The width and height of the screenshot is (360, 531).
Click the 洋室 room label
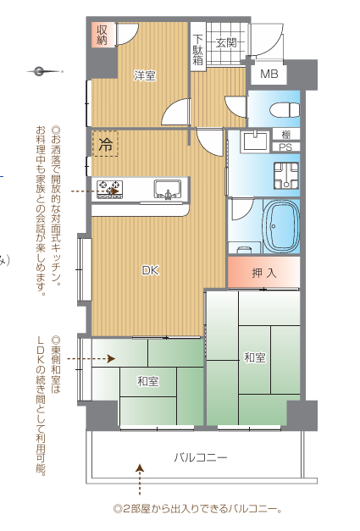pos(145,75)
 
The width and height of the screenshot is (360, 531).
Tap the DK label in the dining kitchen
pos(151,270)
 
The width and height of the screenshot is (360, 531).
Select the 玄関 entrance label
pos(226,43)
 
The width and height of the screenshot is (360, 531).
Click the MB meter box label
pos(269,74)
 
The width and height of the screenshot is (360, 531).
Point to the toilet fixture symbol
pos(285,110)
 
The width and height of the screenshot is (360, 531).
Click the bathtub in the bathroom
pos(281,226)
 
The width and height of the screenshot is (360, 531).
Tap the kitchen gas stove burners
pos(109,189)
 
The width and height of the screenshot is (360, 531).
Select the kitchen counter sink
pos(168,188)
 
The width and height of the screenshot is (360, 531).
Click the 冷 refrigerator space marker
pos(105,144)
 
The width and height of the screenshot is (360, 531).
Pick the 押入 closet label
pos(264,273)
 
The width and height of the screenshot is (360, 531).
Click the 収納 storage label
pos(102,35)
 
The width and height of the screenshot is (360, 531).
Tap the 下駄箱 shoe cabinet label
pos(197,49)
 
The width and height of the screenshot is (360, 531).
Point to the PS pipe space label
pos(285,147)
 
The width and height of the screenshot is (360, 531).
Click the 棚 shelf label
pos(286,135)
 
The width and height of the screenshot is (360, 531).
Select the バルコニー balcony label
pos(201,458)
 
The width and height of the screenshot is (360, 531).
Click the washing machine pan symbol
pos(286,175)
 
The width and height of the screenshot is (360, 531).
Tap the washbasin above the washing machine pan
pos(255,142)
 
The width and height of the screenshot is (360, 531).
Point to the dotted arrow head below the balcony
pos(140,468)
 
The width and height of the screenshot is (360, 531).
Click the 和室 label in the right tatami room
pos(255,357)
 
